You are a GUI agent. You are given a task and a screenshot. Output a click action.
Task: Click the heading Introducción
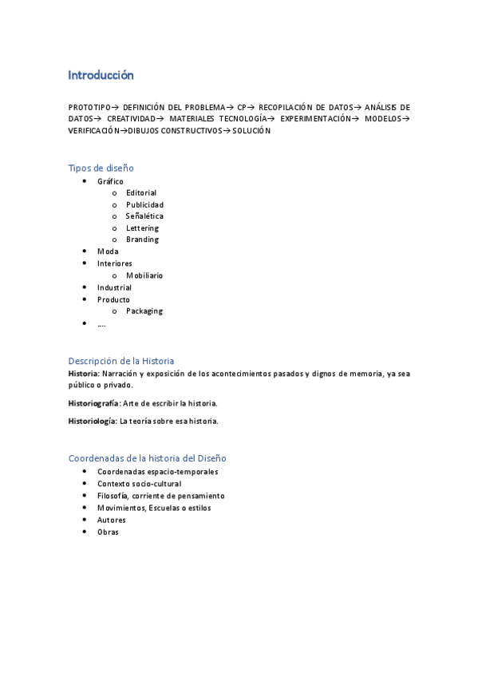(x=101, y=76)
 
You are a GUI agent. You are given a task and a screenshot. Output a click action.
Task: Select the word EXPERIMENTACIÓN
(x=315, y=119)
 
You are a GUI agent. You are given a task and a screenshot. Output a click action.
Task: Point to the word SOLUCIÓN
(x=251, y=131)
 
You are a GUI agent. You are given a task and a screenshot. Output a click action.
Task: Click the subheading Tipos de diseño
(x=101, y=168)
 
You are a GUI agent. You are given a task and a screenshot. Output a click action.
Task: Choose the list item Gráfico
(x=110, y=181)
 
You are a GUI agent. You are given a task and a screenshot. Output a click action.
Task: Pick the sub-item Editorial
(x=141, y=192)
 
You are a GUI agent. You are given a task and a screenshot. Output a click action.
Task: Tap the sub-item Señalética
(x=144, y=216)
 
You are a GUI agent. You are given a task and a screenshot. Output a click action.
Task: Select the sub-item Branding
(x=142, y=240)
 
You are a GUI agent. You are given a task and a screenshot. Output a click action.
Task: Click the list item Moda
(x=108, y=251)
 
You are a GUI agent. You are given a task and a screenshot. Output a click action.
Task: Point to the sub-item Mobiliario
(x=144, y=275)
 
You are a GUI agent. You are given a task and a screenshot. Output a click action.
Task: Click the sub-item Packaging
(x=144, y=311)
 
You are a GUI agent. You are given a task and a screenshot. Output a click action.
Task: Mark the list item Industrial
(x=114, y=287)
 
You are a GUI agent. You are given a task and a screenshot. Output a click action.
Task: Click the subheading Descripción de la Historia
(x=120, y=361)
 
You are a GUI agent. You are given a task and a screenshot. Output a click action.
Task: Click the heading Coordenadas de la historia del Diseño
(x=147, y=458)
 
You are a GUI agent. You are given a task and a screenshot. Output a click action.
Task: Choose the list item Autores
(x=112, y=520)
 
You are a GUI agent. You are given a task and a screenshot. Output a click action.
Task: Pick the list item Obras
(x=108, y=532)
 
